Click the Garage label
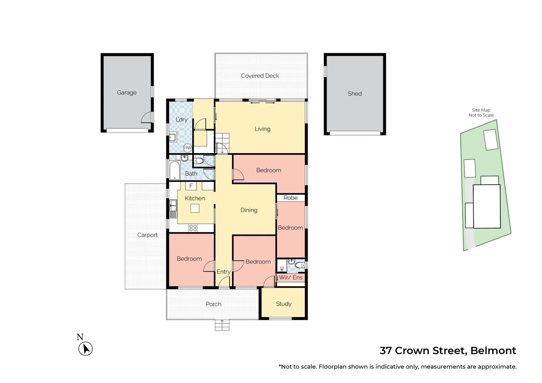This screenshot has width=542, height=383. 127,93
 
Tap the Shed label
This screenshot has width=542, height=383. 355,94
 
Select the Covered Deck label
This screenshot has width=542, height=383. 260,76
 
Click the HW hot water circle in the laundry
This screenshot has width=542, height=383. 187,148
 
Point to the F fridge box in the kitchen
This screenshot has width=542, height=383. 191,186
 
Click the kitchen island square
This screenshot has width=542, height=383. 195,208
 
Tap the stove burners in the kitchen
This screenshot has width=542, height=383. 193,228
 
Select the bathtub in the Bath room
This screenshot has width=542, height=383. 175,171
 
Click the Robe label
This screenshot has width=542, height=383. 290,198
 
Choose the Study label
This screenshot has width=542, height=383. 284,304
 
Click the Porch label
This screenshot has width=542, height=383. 213,304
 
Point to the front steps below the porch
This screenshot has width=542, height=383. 222,325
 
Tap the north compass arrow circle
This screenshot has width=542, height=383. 86,349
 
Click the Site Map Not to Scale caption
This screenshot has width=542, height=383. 481,113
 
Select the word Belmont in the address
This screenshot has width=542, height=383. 493,351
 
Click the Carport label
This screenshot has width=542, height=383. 147,235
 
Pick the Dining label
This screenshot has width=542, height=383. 249,210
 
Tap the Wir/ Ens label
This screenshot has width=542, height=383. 291,277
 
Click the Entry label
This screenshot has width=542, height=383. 224,272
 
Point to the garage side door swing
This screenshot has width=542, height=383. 147,117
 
